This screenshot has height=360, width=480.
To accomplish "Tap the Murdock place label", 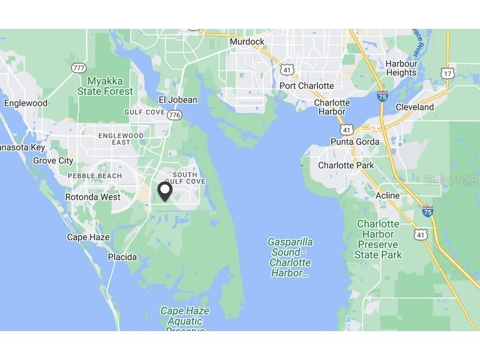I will point(247,42).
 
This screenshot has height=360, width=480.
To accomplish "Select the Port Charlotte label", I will point(306,86).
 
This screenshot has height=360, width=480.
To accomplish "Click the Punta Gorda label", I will point(355,142).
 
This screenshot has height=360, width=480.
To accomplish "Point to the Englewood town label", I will point(25,103).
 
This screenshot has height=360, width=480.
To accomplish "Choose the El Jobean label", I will point(178,100).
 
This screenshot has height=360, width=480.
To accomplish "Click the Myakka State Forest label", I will point(105,86).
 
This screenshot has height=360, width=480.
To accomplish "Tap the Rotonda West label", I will point(92,197).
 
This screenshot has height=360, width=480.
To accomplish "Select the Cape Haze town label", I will point(88,237).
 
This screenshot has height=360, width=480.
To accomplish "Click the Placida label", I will point(122,257).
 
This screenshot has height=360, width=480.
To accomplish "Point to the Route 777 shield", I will point(79,68).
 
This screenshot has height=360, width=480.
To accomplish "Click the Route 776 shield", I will point(174,115).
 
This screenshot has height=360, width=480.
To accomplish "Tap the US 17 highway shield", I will point(448,73).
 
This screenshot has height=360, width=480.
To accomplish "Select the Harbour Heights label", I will point(401,68).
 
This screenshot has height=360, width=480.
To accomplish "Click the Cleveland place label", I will point(414,107).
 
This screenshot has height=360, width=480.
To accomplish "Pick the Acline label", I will point(388,196).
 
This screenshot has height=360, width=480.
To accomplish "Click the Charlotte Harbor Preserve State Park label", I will point(378,239).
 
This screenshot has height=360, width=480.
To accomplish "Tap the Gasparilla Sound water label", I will point(290,257).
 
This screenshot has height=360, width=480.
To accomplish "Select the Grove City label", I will point(53,161).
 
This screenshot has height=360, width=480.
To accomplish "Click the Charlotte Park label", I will point(346,166).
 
